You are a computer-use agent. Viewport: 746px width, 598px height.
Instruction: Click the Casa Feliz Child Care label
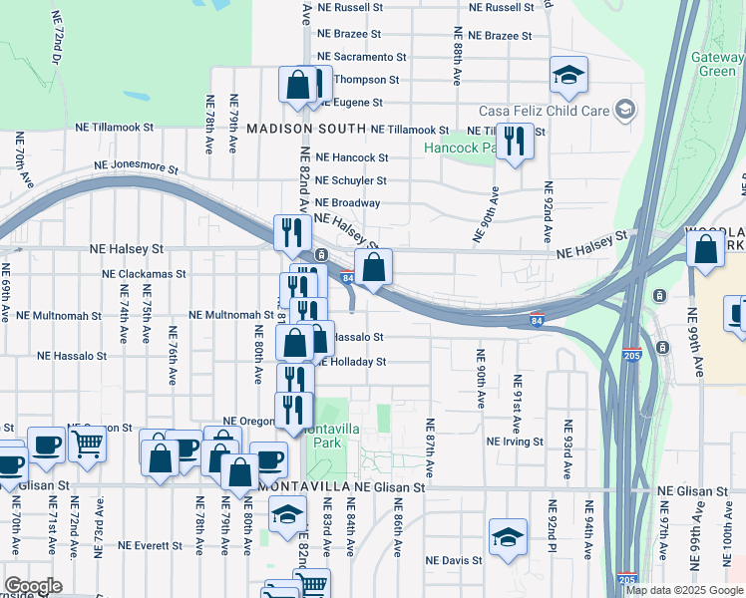coord(544,110)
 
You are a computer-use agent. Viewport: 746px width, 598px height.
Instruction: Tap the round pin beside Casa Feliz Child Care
coord(624,109)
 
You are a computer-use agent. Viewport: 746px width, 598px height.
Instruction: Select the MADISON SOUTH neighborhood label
coord(304,130)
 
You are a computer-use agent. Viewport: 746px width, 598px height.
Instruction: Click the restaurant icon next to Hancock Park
coord(515,140)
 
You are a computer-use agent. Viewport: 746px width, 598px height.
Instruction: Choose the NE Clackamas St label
coord(145,273)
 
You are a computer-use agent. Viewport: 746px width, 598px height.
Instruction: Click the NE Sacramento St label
coord(361,58)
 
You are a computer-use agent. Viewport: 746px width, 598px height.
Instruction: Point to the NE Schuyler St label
coord(350,180)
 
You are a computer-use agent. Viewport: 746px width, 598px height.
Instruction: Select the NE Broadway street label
coord(348,203)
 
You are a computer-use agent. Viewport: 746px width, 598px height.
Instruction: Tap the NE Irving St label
coord(515,441)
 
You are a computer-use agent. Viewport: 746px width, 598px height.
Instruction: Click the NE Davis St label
coord(454,560)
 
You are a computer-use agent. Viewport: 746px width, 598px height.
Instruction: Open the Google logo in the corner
coord(33,586)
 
